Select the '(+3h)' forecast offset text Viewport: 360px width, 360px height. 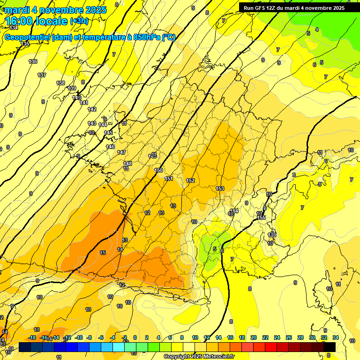(78, 21)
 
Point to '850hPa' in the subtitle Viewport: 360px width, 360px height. (146, 37)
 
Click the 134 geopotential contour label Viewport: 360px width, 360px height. (14, 28)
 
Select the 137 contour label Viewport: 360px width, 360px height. (42, 75)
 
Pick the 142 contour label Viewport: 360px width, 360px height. (92, 109)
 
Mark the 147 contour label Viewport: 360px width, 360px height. (121, 152)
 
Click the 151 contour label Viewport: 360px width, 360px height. (169, 179)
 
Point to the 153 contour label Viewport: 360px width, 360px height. (220, 188)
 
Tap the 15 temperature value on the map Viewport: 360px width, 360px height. (103, 253)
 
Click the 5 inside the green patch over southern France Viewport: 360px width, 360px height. (214, 249)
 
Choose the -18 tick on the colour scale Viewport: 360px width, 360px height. (32, 337)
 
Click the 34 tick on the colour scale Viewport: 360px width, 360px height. (336, 337)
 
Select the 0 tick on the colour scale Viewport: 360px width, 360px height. (135, 337)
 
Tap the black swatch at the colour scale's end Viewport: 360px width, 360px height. (330, 347)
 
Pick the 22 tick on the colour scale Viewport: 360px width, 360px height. (265, 337)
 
